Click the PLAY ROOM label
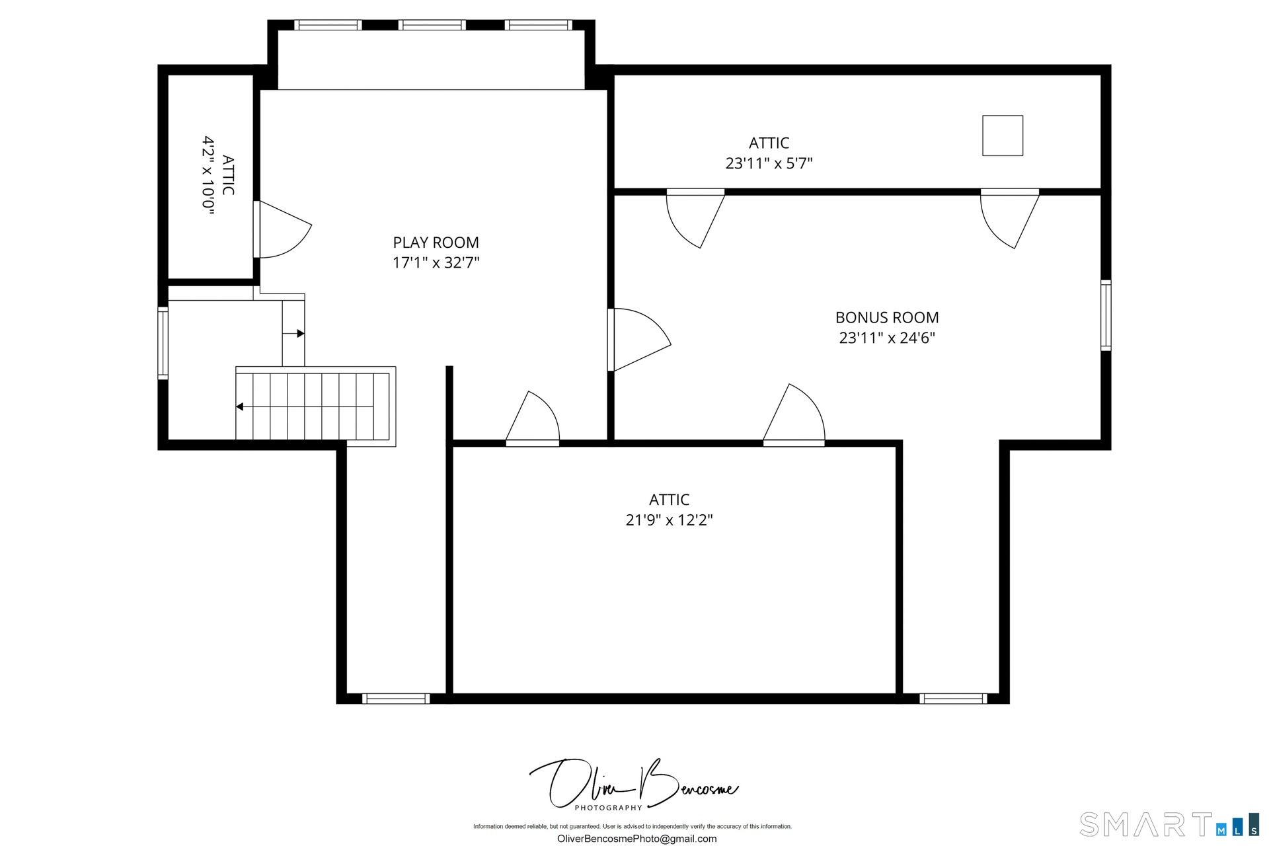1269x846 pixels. point(436,243)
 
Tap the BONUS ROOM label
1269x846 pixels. point(887,317)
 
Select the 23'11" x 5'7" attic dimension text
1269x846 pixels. point(769,163)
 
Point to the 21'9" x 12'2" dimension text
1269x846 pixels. point(669,520)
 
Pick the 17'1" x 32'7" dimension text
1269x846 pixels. point(436,262)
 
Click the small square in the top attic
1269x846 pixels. point(1003,135)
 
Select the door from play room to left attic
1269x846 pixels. point(282,229)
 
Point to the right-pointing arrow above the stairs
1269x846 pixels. point(293,334)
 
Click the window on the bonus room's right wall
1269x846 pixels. point(1106,315)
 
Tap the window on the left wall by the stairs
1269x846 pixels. point(163,343)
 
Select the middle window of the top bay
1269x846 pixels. point(432,25)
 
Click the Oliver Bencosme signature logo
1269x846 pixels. point(634,785)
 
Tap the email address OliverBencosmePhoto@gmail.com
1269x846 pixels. point(636,839)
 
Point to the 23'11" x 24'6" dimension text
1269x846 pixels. point(887,338)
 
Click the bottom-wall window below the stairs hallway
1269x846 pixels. point(396,699)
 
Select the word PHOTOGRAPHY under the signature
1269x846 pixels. point(608,808)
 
